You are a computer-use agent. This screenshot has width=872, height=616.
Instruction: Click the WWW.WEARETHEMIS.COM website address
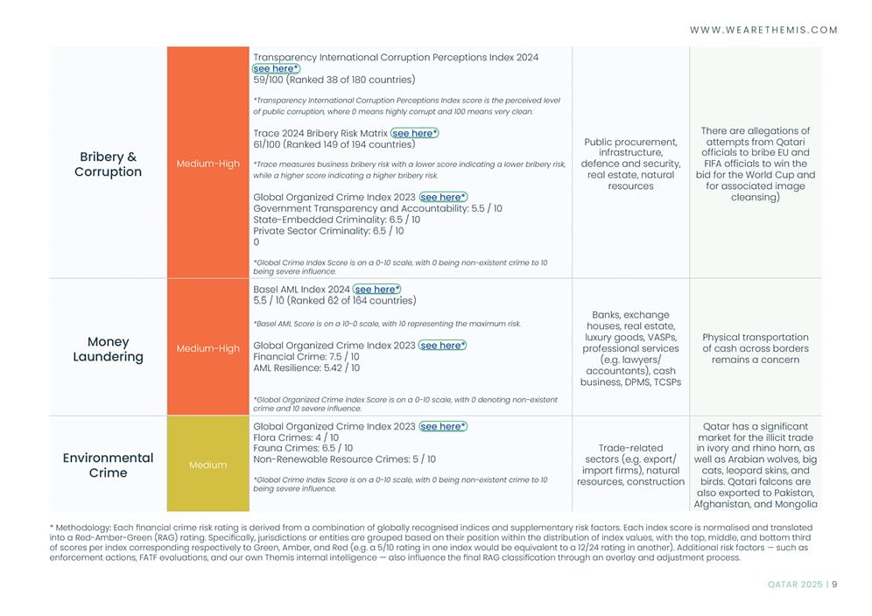(x=763, y=30)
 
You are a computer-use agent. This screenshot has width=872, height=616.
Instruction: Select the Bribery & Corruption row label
(x=108, y=164)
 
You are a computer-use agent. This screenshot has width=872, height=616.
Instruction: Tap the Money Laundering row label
(x=108, y=349)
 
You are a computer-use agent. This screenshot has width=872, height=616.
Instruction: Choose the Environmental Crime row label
(x=108, y=465)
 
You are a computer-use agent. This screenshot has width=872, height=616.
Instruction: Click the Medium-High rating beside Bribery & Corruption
(x=207, y=164)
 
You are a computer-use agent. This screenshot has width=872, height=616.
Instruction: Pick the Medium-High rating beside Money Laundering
(x=207, y=348)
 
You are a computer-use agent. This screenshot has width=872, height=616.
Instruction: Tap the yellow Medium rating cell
(x=207, y=465)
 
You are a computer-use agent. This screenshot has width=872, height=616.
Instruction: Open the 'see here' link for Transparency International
(x=276, y=68)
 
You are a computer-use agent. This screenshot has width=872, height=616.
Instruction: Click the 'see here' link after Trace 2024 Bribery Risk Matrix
(x=414, y=133)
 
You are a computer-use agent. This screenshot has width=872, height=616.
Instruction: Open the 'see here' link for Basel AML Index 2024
(x=377, y=289)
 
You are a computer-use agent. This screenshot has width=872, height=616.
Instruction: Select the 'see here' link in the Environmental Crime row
(x=442, y=426)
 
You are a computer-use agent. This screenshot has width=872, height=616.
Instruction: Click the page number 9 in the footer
(x=834, y=585)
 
